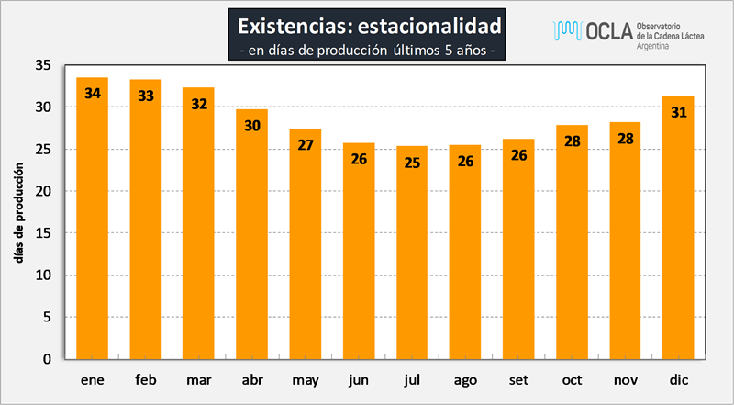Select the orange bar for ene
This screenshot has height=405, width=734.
click(x=93, y=219)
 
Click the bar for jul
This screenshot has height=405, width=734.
click(x=412, y=253)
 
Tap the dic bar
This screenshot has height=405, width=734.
click(x=678, y=228)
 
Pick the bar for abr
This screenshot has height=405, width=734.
click(x=251, y=234)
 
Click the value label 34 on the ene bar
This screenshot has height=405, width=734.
click(x=93, y=94)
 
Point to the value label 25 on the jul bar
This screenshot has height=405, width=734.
click(x=412, y=163)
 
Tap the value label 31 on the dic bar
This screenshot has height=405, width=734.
click(x=679, y=112)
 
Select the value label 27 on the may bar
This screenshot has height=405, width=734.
click(x=306, y=145)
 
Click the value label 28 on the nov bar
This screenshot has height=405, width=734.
click(x=626, y=139)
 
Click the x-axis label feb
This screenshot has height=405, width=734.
click(x=146, y=379)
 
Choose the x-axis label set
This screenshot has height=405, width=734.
click(x=518, y=379)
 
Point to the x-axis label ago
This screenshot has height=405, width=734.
click(x=465, y=380)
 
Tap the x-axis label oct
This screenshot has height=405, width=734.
click(x=572, y=379)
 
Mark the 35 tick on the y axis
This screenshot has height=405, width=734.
click(x=43, y=65)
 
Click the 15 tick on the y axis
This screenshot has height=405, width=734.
click(x=43, y=233)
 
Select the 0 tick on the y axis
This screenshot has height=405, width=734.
click(x=48, y=359)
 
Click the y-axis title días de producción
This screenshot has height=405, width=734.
click(x=19, y=213)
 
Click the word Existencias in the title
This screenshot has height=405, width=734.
click(x=295, y=27)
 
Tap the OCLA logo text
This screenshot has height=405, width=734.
click(x=608, y=31)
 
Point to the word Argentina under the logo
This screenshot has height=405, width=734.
click(x=652, y=46)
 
